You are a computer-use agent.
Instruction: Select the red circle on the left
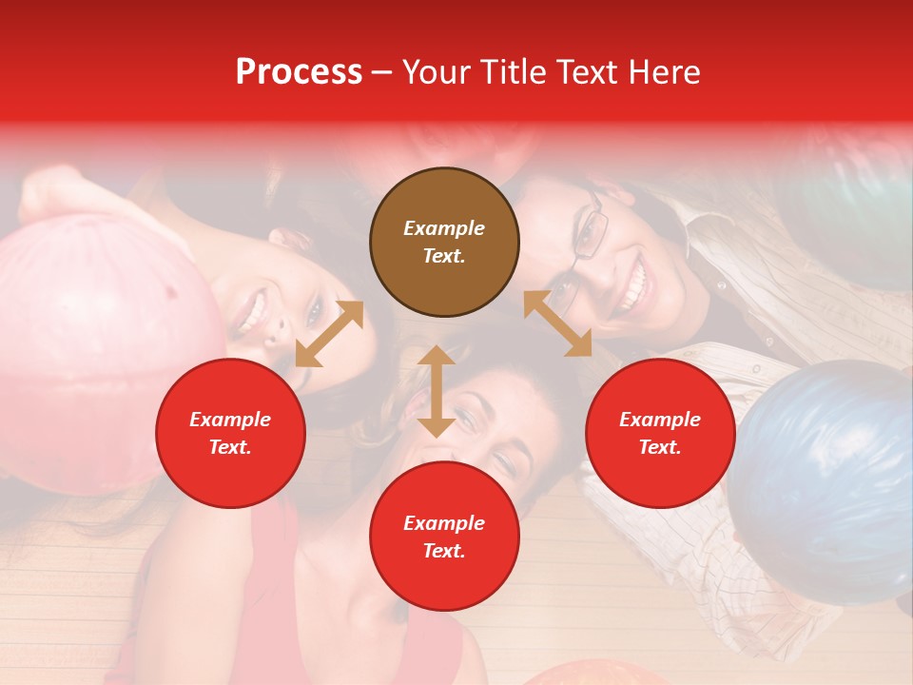pos(230,433)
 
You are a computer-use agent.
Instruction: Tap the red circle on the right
pos(660,433)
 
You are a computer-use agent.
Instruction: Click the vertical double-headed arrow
pos(437,391)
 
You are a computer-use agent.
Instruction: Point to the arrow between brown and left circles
pos(329,334)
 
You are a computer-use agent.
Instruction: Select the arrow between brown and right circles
pos(558,323)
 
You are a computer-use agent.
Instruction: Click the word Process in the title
pos(299,71)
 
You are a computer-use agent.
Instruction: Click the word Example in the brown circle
pos(444,228)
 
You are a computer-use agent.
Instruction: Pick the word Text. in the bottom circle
pos(444,551)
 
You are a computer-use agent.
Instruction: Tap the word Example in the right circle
pos(660,420)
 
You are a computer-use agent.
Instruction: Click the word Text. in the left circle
pos(230,447)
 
